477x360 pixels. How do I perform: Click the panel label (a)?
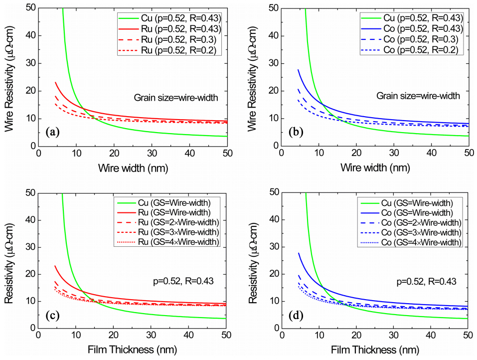coord(53,132)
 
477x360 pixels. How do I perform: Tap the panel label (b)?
coord(296,132)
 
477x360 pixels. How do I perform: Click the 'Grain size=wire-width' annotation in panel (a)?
coord(169,97)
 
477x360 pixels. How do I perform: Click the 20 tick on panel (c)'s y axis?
coord(30,274)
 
